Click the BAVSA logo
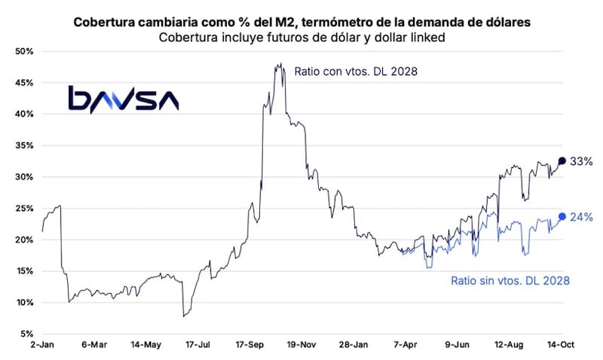coord(124,99)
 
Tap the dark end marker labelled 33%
coord(562,160)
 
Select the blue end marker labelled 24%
coord(562,217)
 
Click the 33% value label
coord(581,161)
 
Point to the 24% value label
coord(581,218)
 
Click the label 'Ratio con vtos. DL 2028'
coord(356,72)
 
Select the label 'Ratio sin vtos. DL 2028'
coord(510,280)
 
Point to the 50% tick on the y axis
coord(25,51)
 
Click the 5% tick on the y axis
coord(27,334)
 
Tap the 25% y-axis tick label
coord(25,208)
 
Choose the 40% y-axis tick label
coord(25,114)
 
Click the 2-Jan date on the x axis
coord(42,345)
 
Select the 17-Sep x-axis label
coord(249,345)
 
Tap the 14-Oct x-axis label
coord(561,345)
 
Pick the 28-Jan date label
coord(354,345)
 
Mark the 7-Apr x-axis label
coord(406,345)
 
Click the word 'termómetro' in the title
coord(335,23)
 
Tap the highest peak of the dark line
coord(281,63)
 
